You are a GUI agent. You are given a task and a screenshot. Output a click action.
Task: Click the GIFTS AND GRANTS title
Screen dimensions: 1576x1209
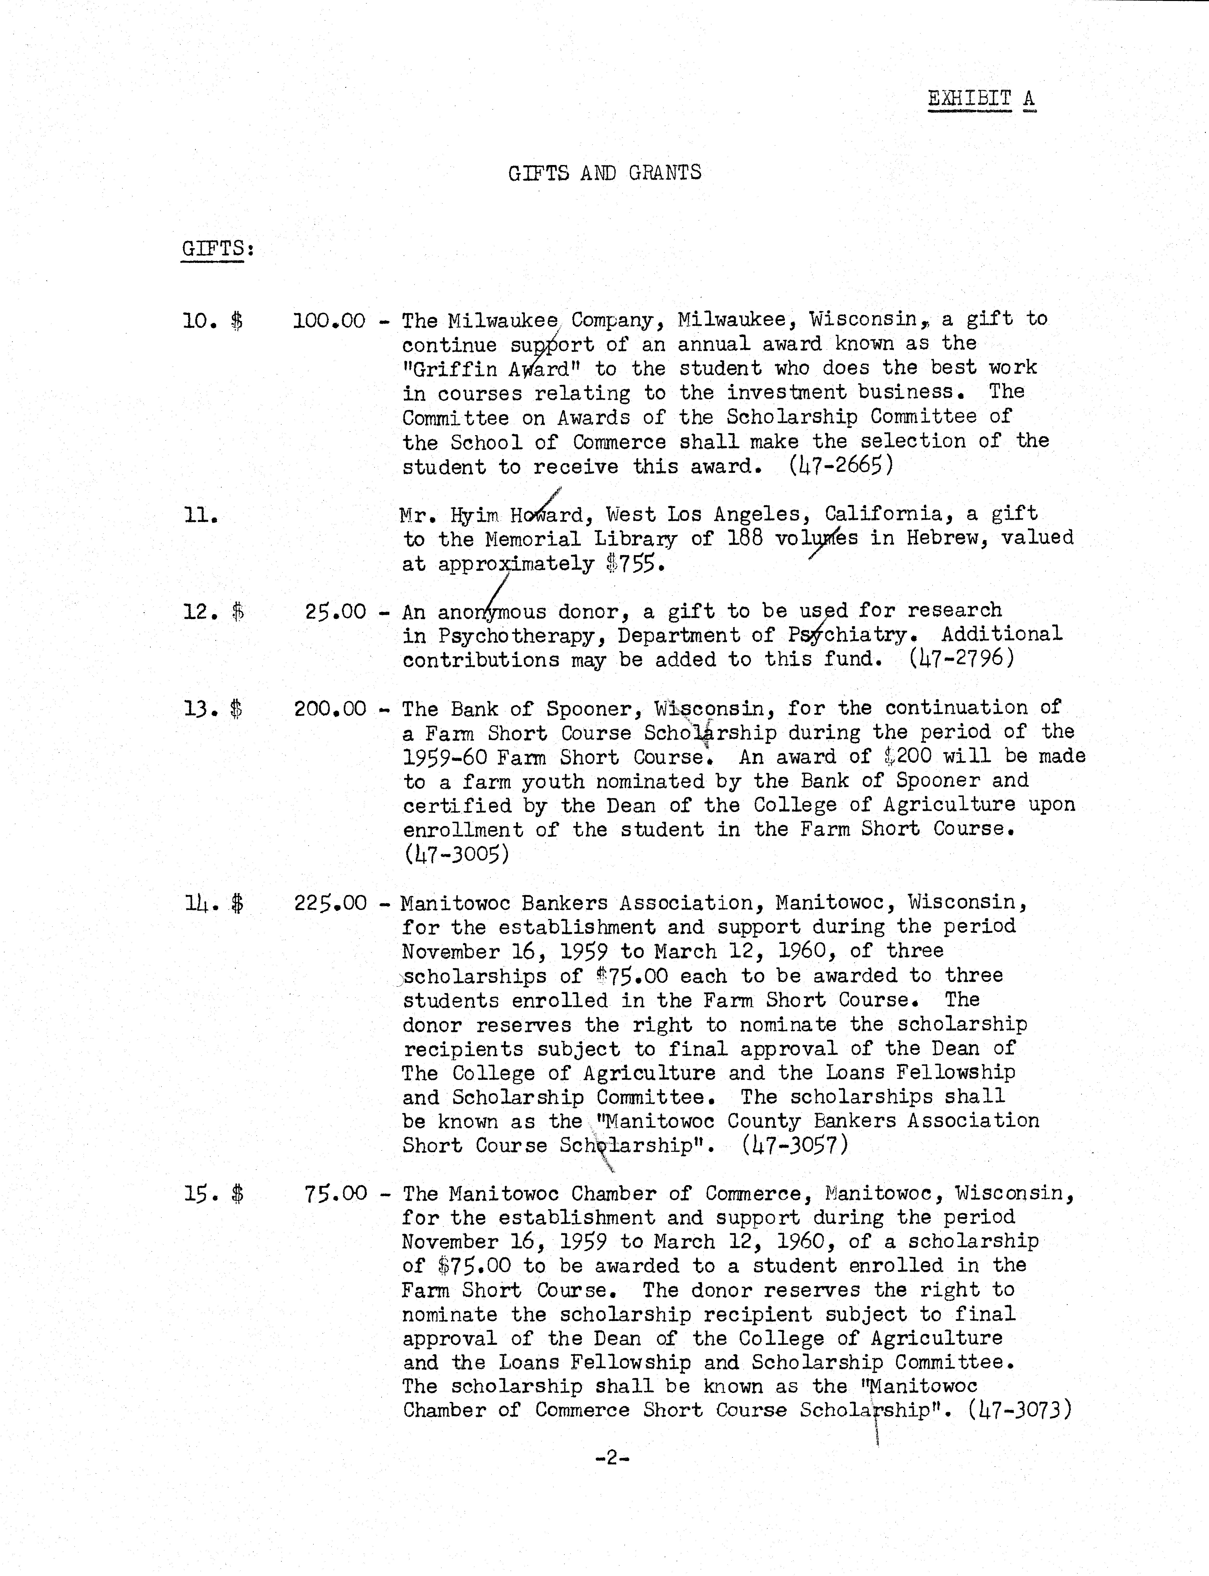pos(604,173)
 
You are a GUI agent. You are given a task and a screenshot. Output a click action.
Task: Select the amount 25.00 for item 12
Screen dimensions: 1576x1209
pos(335,612)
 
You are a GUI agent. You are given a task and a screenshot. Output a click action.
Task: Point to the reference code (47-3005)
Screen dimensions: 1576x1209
pos(456,854)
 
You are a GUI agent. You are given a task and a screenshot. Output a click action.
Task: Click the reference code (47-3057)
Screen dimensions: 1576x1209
pos(795,1145)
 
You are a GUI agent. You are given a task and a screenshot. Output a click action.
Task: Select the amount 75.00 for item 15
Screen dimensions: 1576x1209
pos(335,1194)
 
